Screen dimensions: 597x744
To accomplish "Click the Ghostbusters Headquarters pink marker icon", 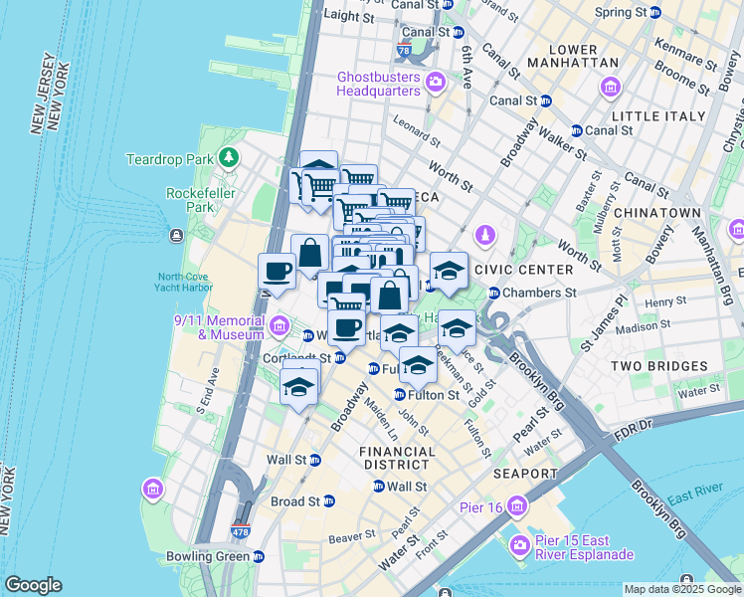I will pyautogui.click(x=434, y=81).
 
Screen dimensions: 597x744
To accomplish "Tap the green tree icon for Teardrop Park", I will pyautogui.click(x=230, y=157).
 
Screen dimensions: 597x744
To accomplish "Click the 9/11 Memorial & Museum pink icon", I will pyautogui.click(x=279, y=325).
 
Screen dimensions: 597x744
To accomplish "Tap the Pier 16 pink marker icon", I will pyautogui.click(x=516, y=507).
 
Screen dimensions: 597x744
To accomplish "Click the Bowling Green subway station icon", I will pyautogui.click(x=259, y=556).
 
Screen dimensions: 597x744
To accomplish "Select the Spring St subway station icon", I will pyautogui.click(x=655, y=12).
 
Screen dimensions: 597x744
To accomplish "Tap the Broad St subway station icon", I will pyautogui.click(x=329, y=500).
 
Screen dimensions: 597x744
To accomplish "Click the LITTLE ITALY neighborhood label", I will pyautogui.click(x=650, y=116).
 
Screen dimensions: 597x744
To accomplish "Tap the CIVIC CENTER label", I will pyautogui.click(x=524, y=269).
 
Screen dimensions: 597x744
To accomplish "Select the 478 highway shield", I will pyautogui.click(x=241, y=532).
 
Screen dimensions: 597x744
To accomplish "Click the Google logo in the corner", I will pyautogui.click(x=33, y=585).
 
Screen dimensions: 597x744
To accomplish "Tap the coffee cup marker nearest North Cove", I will pyautogui.click(x=277, y=272).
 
